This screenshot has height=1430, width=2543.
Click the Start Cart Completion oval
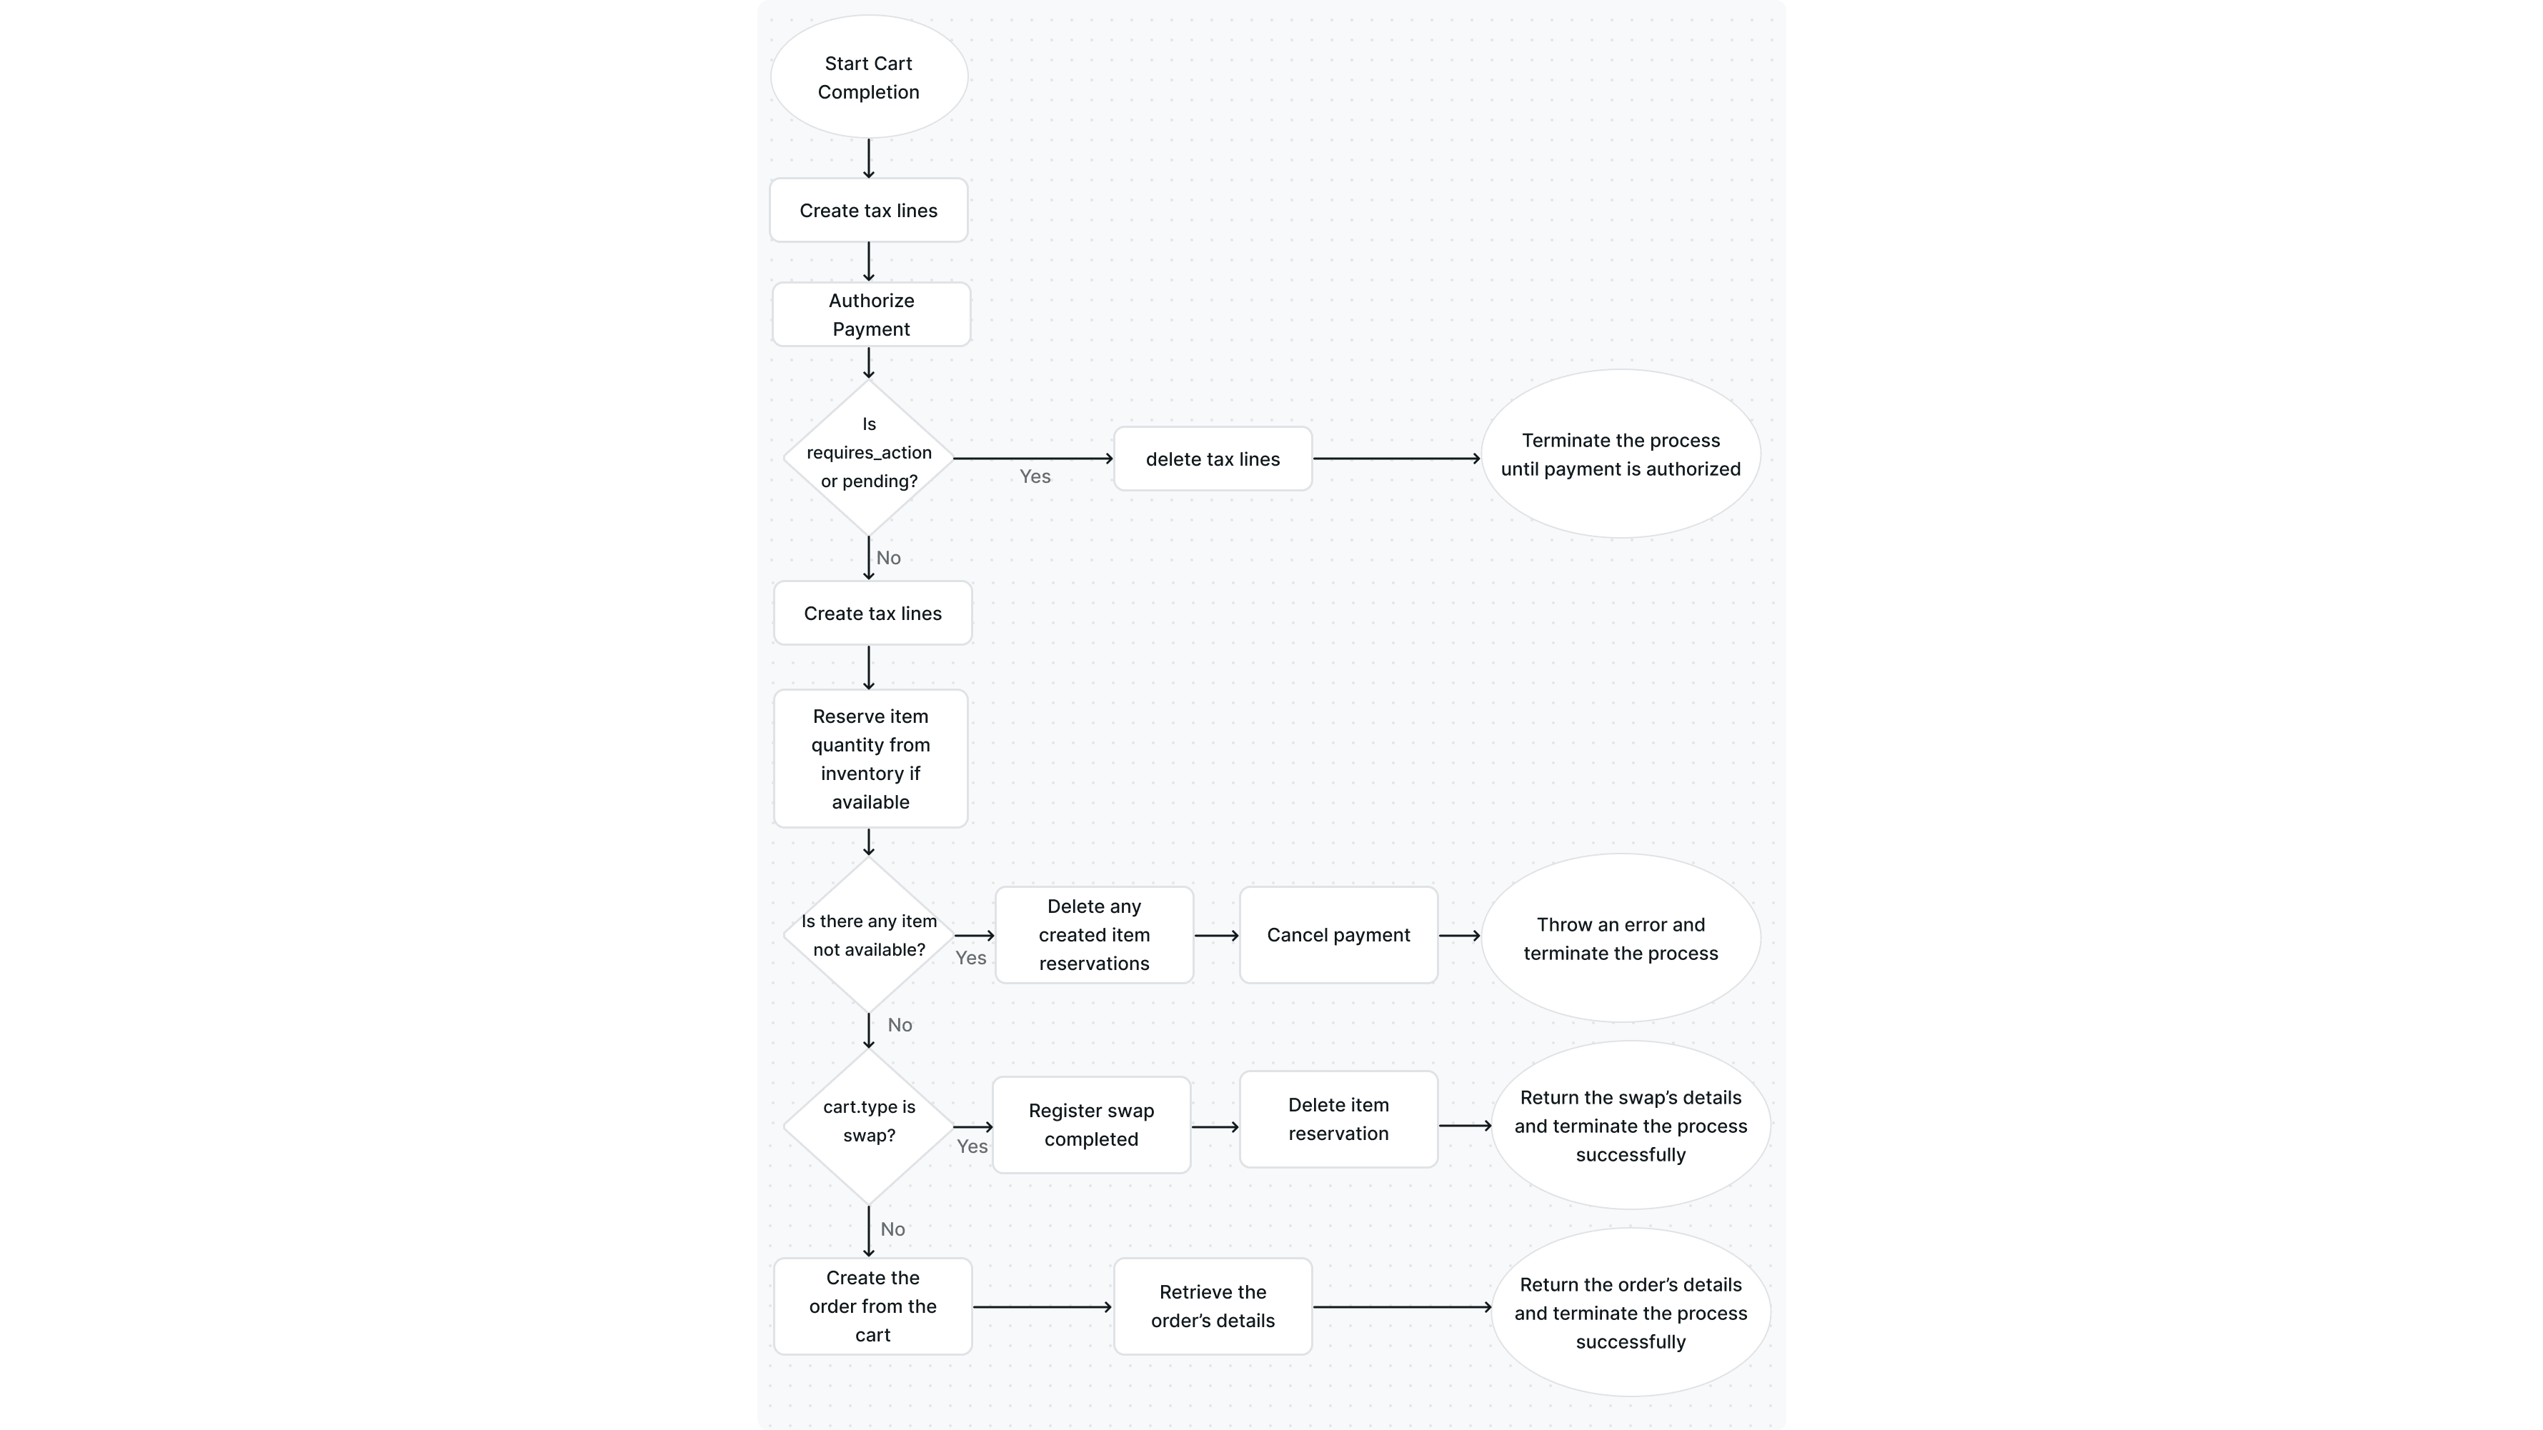tap(869, 77)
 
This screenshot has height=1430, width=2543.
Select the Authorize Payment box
tap(871, 315)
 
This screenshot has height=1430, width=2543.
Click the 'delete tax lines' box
tap(1213, 459)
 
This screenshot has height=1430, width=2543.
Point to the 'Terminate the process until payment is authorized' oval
tap(1620, 454)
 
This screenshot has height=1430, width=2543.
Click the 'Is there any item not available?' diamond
tap(869, 934)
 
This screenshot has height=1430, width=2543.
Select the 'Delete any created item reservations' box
tap(1094, 934)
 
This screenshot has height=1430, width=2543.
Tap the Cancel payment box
tap(1338, 934)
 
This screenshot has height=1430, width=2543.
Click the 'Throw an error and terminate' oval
tap(1620, 939)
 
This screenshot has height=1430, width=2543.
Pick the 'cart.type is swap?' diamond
tap(869, 1125)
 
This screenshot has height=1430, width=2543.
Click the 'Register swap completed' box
tap(1091, 1125)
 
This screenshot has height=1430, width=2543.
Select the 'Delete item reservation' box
tap(1338, 1119)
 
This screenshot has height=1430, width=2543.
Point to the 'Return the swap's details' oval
tap(1630, 1125)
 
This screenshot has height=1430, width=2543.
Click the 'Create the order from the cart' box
tap(872, 1306)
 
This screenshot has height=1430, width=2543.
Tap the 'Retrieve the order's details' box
tap(1213, 1306)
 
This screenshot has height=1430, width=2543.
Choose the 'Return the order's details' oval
tap(1630, 1313)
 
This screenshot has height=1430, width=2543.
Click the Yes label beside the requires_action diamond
tap(1035, 476)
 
